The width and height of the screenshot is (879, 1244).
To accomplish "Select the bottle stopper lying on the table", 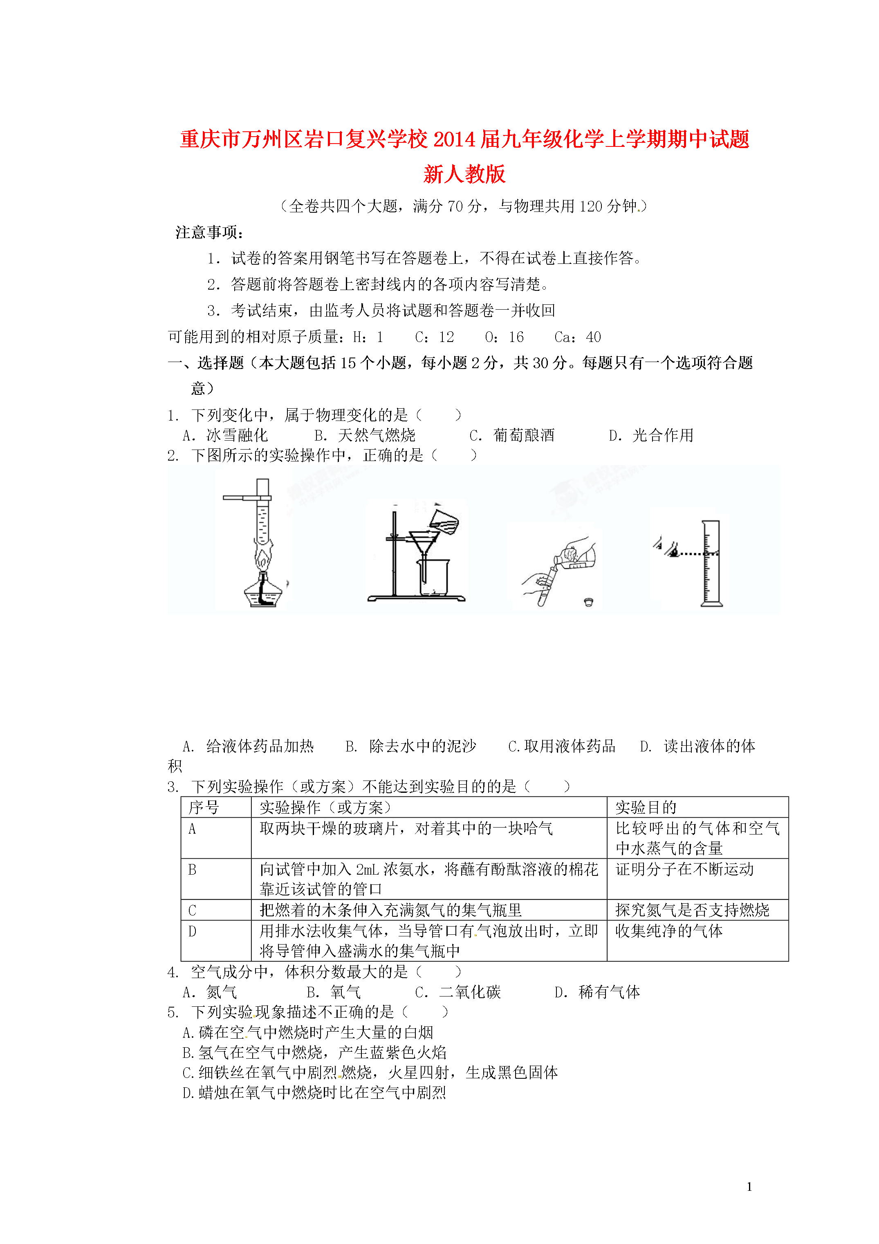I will (x=589, y=602).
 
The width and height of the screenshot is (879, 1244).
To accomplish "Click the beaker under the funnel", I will (x=433, y=578).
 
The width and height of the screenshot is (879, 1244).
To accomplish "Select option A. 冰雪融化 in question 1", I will (x=225, y=435).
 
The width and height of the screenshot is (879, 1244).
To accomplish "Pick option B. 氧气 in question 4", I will (x=334, y=992).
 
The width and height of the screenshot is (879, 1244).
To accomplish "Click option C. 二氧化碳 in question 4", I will (x=457, y=992).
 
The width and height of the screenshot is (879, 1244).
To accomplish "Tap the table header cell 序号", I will (x=204, y=807).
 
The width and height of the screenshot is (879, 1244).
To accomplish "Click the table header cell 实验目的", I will (x=646, y=807).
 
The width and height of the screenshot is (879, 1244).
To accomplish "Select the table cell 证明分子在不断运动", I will (x=684, y=869).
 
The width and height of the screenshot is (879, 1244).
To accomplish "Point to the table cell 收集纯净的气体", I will (x=669, y=931).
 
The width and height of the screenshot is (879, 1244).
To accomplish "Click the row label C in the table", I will (x=192, y=910).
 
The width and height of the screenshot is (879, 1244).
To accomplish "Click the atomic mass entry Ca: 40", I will (x=577, y=337).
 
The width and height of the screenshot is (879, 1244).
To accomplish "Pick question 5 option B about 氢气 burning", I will (x=314, y=1053).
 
